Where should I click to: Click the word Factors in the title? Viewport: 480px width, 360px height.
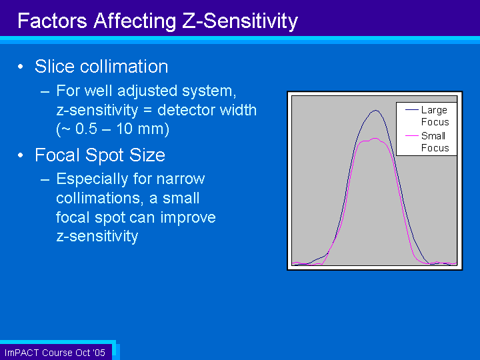(x=53, y=21)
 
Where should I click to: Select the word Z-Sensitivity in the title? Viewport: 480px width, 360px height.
(x=240, y=21)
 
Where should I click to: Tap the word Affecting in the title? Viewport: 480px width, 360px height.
(x=135, y=21)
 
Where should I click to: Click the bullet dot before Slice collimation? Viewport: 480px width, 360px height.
(x=21, y=67)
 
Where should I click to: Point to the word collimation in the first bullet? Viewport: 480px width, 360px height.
(x=124, y=67)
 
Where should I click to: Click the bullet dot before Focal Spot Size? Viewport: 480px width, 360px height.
(x=21, y=155)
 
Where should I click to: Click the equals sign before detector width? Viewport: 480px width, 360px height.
(x=147, y=110)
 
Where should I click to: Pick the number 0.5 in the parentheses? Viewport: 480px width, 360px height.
(x=87, y=129)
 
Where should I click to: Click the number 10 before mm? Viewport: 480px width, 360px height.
(x=124, y=129)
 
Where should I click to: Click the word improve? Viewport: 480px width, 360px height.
(x=188, y=218)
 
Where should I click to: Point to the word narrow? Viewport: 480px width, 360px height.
(x=181, y=179)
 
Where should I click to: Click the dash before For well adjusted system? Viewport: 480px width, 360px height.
(x=45, y=91)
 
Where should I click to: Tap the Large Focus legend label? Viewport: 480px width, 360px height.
(x=435, y=116)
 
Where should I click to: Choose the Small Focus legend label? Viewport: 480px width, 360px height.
(x=435, y=142)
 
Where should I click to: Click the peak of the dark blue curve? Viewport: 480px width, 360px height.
(x=375, y=110)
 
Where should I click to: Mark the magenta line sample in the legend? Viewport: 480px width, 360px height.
(x=412, y=135)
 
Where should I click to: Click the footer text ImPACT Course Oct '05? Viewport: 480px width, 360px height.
(x=55, y=353)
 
